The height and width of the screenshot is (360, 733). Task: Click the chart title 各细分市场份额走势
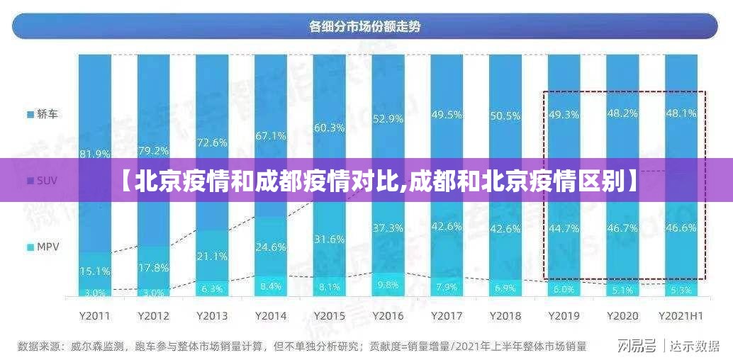365,27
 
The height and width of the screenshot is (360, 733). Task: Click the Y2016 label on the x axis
388,315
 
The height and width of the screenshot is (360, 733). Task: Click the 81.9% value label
94,153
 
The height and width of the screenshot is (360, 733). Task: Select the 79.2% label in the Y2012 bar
153,150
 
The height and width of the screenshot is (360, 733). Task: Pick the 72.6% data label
212,142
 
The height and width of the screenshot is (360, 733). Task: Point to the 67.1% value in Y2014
271,135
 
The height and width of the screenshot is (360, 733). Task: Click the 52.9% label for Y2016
388,118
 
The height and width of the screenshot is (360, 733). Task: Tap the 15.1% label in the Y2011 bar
94,270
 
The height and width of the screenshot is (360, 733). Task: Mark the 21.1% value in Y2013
212,256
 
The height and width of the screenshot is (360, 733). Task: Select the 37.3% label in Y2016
388,227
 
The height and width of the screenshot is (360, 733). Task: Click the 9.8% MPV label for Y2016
388,285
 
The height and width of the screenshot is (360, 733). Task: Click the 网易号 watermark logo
637,346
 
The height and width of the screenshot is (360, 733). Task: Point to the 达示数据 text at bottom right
695,346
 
